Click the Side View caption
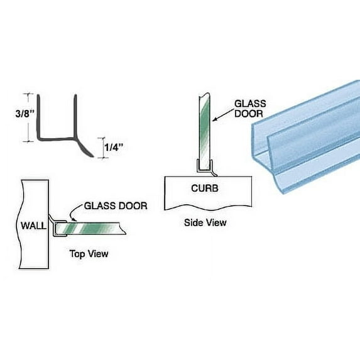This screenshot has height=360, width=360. click(x=205, y=222)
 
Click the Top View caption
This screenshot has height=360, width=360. click(x=88, y=254)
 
